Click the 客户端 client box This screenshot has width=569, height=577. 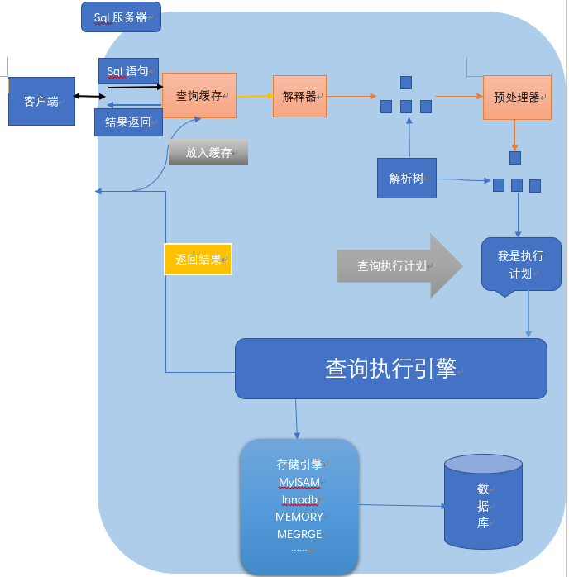(41, 101)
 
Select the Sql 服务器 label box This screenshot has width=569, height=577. (121, 17)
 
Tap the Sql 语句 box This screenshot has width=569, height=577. (128, 70)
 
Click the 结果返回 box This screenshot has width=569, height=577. (128, 122)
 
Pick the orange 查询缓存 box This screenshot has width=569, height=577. (199, 96)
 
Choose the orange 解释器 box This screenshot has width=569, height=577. (299, 97)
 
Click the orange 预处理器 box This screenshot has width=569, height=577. (517, 98)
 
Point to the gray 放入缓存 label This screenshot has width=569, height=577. (208, 152)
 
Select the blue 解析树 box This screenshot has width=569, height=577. (407, 178)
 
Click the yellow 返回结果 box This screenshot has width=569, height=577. (198, 259)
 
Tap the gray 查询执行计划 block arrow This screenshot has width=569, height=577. (399, 265)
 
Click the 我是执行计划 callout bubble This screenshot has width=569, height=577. (521, 265)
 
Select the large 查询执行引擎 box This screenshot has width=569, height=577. (391, 369)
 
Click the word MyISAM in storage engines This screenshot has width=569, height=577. (299, 482)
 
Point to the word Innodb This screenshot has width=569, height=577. (299, 500)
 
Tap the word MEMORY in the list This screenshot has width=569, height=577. (299, 517)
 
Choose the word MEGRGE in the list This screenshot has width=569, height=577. (299, 534)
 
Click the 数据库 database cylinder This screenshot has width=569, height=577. (483, 502)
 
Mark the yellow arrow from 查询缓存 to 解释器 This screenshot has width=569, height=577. (255, 96)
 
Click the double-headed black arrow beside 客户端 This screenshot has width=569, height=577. (89, 97)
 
